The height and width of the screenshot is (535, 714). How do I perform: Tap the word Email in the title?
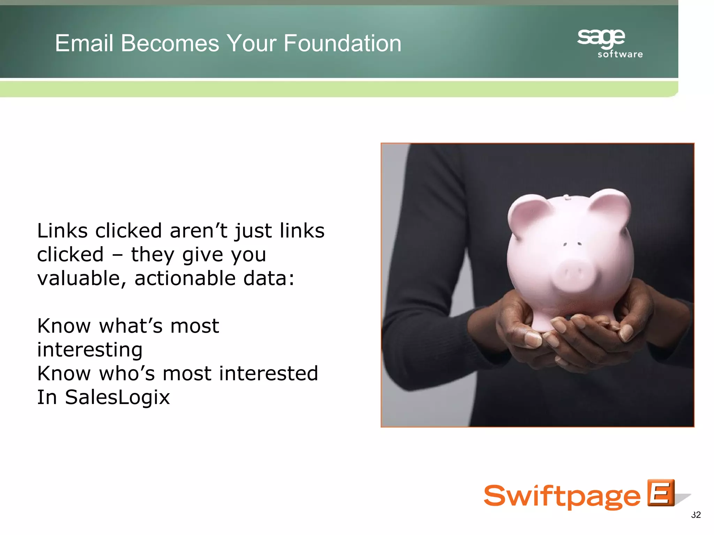click(x=84, y=43)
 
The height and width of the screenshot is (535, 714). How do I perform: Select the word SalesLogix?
click(x=117, y=397)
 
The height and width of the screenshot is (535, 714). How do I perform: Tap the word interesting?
click(x=90, y=350)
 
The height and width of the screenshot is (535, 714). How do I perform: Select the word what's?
click(x=131, y=326)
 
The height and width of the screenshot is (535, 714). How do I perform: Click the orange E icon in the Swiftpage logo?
click(x=661, y=493)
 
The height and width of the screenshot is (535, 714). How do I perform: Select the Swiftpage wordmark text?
click(x=562, y=496)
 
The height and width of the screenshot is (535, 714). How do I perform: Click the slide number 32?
click(x=696, y=515)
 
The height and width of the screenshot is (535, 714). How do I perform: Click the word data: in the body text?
click(x=269, y=279)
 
